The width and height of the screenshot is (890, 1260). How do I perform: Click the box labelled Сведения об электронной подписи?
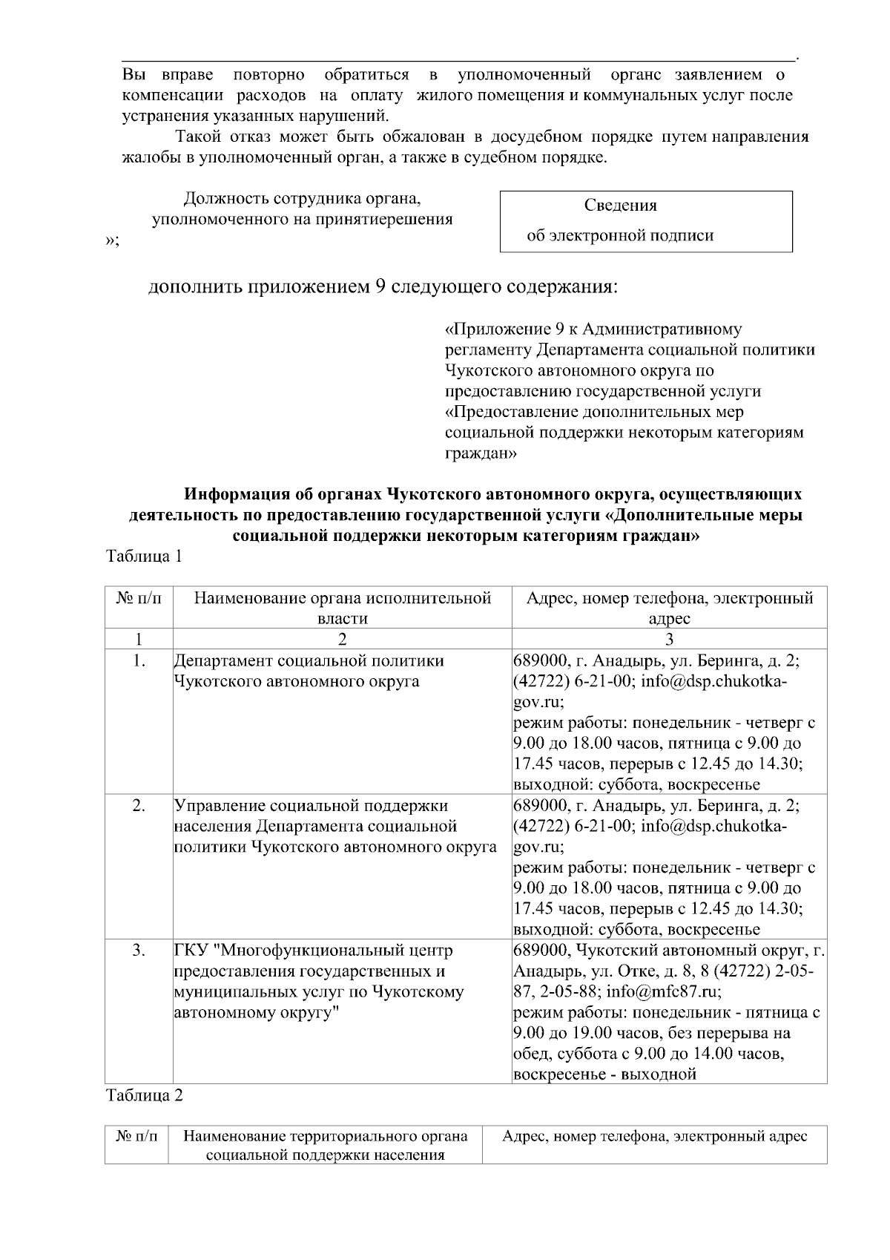click(x=646, y=221)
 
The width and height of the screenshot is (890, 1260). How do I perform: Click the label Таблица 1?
click(x=144, y=557)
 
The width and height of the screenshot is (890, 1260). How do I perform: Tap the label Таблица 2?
click(x=144, y=1095)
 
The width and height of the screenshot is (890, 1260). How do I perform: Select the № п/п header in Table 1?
click(x=139, y=599)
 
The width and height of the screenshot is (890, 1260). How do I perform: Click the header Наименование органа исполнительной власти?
click(x=342, y=608)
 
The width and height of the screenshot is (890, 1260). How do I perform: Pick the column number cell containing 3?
click(x=669, y=639)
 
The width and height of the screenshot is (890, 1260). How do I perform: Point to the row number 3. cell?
click(x=139, y=951)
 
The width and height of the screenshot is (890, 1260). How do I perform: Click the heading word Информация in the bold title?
click(x=235, y=493)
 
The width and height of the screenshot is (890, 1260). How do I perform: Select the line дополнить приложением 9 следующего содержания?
click(x=383, y=286)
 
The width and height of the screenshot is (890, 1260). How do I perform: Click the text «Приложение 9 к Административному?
click(x=593, y=329)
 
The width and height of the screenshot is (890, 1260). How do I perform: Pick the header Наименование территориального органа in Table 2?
click(x=325, y=1136)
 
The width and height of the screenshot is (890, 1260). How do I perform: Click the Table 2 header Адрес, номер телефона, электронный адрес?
click(x=654, y=1136)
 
